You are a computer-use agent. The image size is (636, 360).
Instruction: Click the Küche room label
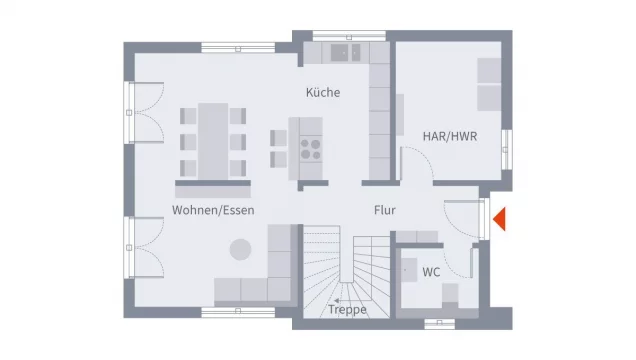(323, 93)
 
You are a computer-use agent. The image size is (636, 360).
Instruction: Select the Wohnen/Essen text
(212, 211)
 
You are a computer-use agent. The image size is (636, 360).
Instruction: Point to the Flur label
(385, 211)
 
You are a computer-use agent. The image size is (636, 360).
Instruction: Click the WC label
(431, 272)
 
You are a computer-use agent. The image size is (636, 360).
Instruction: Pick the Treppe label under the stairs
(347, 310)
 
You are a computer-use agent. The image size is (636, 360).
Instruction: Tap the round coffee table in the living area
(241, 249)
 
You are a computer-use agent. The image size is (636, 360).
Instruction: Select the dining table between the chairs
(212, 140)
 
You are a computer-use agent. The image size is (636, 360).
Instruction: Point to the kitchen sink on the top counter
(346, 51)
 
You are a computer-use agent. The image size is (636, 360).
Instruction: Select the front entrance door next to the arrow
(483, 219)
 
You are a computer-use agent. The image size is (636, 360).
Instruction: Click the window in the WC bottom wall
(439, 322)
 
